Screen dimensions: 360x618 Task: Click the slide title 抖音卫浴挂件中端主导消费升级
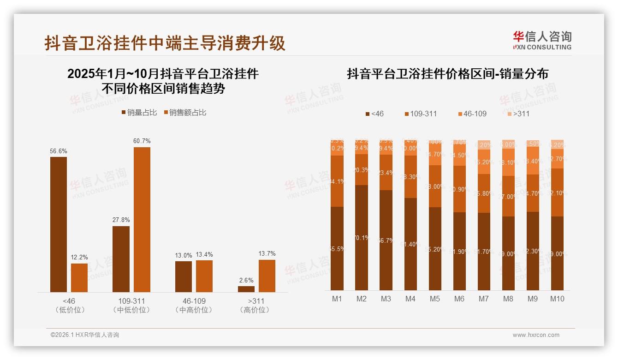[x=165, y=43]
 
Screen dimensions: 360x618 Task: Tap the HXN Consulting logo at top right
[x=542, y=41]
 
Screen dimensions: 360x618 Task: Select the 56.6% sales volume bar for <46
[x=59, y=224]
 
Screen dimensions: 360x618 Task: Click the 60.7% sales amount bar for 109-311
[x=142, y=219]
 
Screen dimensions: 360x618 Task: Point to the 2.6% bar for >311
[x=246, y=289]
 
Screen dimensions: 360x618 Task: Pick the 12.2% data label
[x=79, y=257]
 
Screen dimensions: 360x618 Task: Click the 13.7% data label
[x=267, y=253]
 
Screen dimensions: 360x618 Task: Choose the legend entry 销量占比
[x=139, y=113]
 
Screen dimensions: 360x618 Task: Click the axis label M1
[x=337, y=299]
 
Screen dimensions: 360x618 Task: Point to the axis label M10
[x=557, y=299]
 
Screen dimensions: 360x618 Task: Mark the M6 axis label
[x=459, y=299]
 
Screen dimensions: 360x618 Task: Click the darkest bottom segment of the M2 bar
[x=362, y=238]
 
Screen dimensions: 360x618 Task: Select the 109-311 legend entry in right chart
[x=421, y=114]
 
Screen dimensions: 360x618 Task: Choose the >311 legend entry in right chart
[x=518, y=114]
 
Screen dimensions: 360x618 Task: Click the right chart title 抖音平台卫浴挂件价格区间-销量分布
[x=447, y=74]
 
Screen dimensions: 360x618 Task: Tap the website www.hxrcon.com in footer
[x=536, y=335]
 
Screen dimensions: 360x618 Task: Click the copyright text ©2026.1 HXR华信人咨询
[x=85, y=335]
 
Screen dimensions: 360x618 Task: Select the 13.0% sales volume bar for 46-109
[x=183, y=276]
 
